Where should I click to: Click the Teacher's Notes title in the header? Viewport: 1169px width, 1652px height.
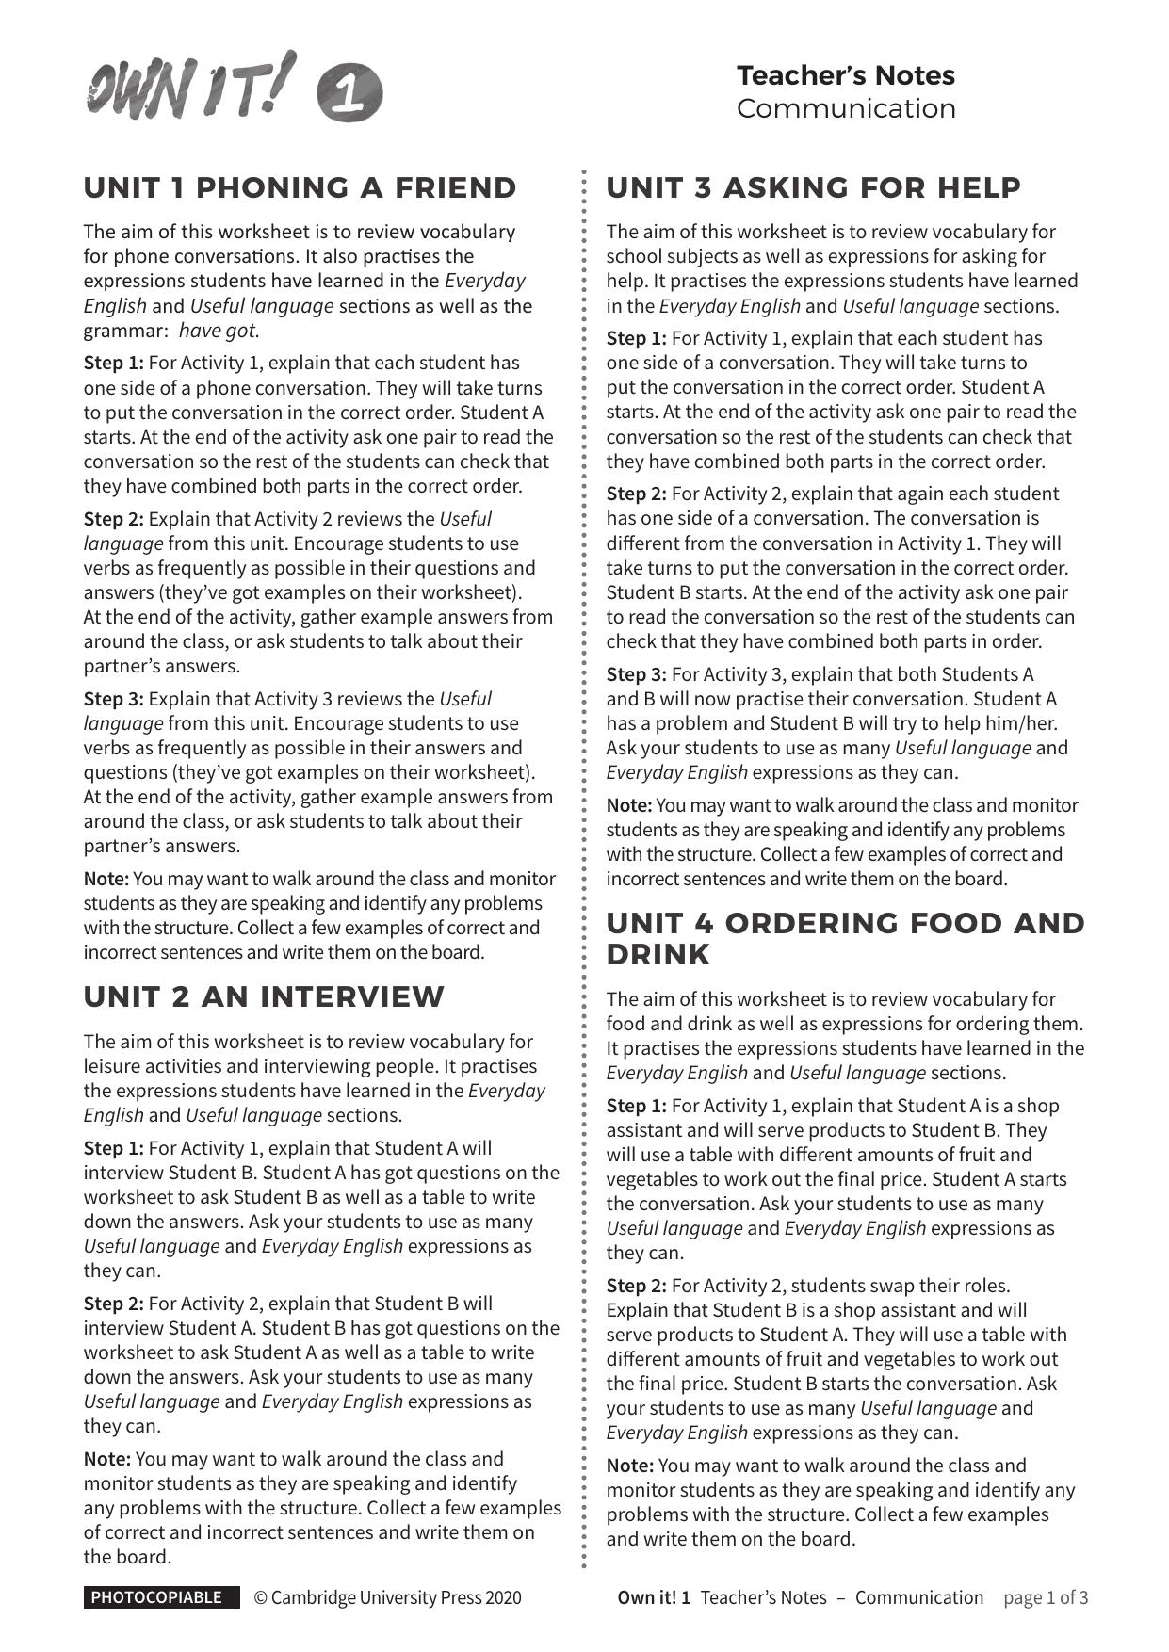[845, 75]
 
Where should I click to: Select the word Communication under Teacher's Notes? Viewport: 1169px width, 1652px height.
[845, 108]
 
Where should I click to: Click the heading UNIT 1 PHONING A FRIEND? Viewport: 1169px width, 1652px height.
[300, 187]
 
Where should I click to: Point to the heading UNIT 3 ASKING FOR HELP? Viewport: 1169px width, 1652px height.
[813, 187]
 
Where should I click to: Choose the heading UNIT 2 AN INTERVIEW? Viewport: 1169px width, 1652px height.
[264, 996]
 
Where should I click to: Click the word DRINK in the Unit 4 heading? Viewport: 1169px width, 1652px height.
[658, 954]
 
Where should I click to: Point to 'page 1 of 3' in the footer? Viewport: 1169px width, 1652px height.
[1046, 1597]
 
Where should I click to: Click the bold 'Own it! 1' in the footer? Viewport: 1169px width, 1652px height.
[654, 1597]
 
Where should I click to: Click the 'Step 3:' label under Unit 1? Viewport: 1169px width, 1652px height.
[113, 699]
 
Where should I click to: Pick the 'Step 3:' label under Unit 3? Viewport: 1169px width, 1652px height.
[636, 674]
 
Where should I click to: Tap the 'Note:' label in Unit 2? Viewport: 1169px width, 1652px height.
[106, 1459]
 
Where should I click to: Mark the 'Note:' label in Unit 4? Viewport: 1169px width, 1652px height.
[629, 1466]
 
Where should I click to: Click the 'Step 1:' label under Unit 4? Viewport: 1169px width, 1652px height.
[636, 1106]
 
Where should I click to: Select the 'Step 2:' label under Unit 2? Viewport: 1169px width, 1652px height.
[113, 1304]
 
